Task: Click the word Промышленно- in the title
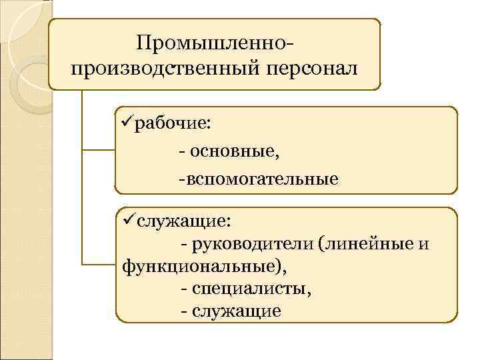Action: tap(214, 44)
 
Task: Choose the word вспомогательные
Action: tap(262, 179)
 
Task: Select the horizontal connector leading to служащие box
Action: tap(98, 265)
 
